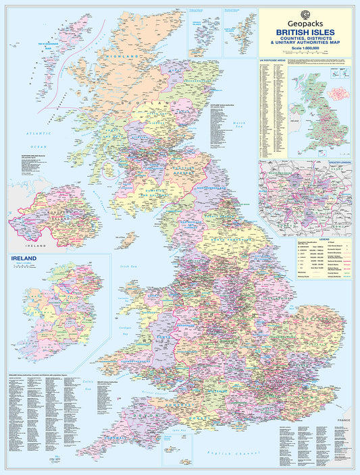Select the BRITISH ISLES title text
tap(305, 30)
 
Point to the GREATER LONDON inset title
tap(336, 163)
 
